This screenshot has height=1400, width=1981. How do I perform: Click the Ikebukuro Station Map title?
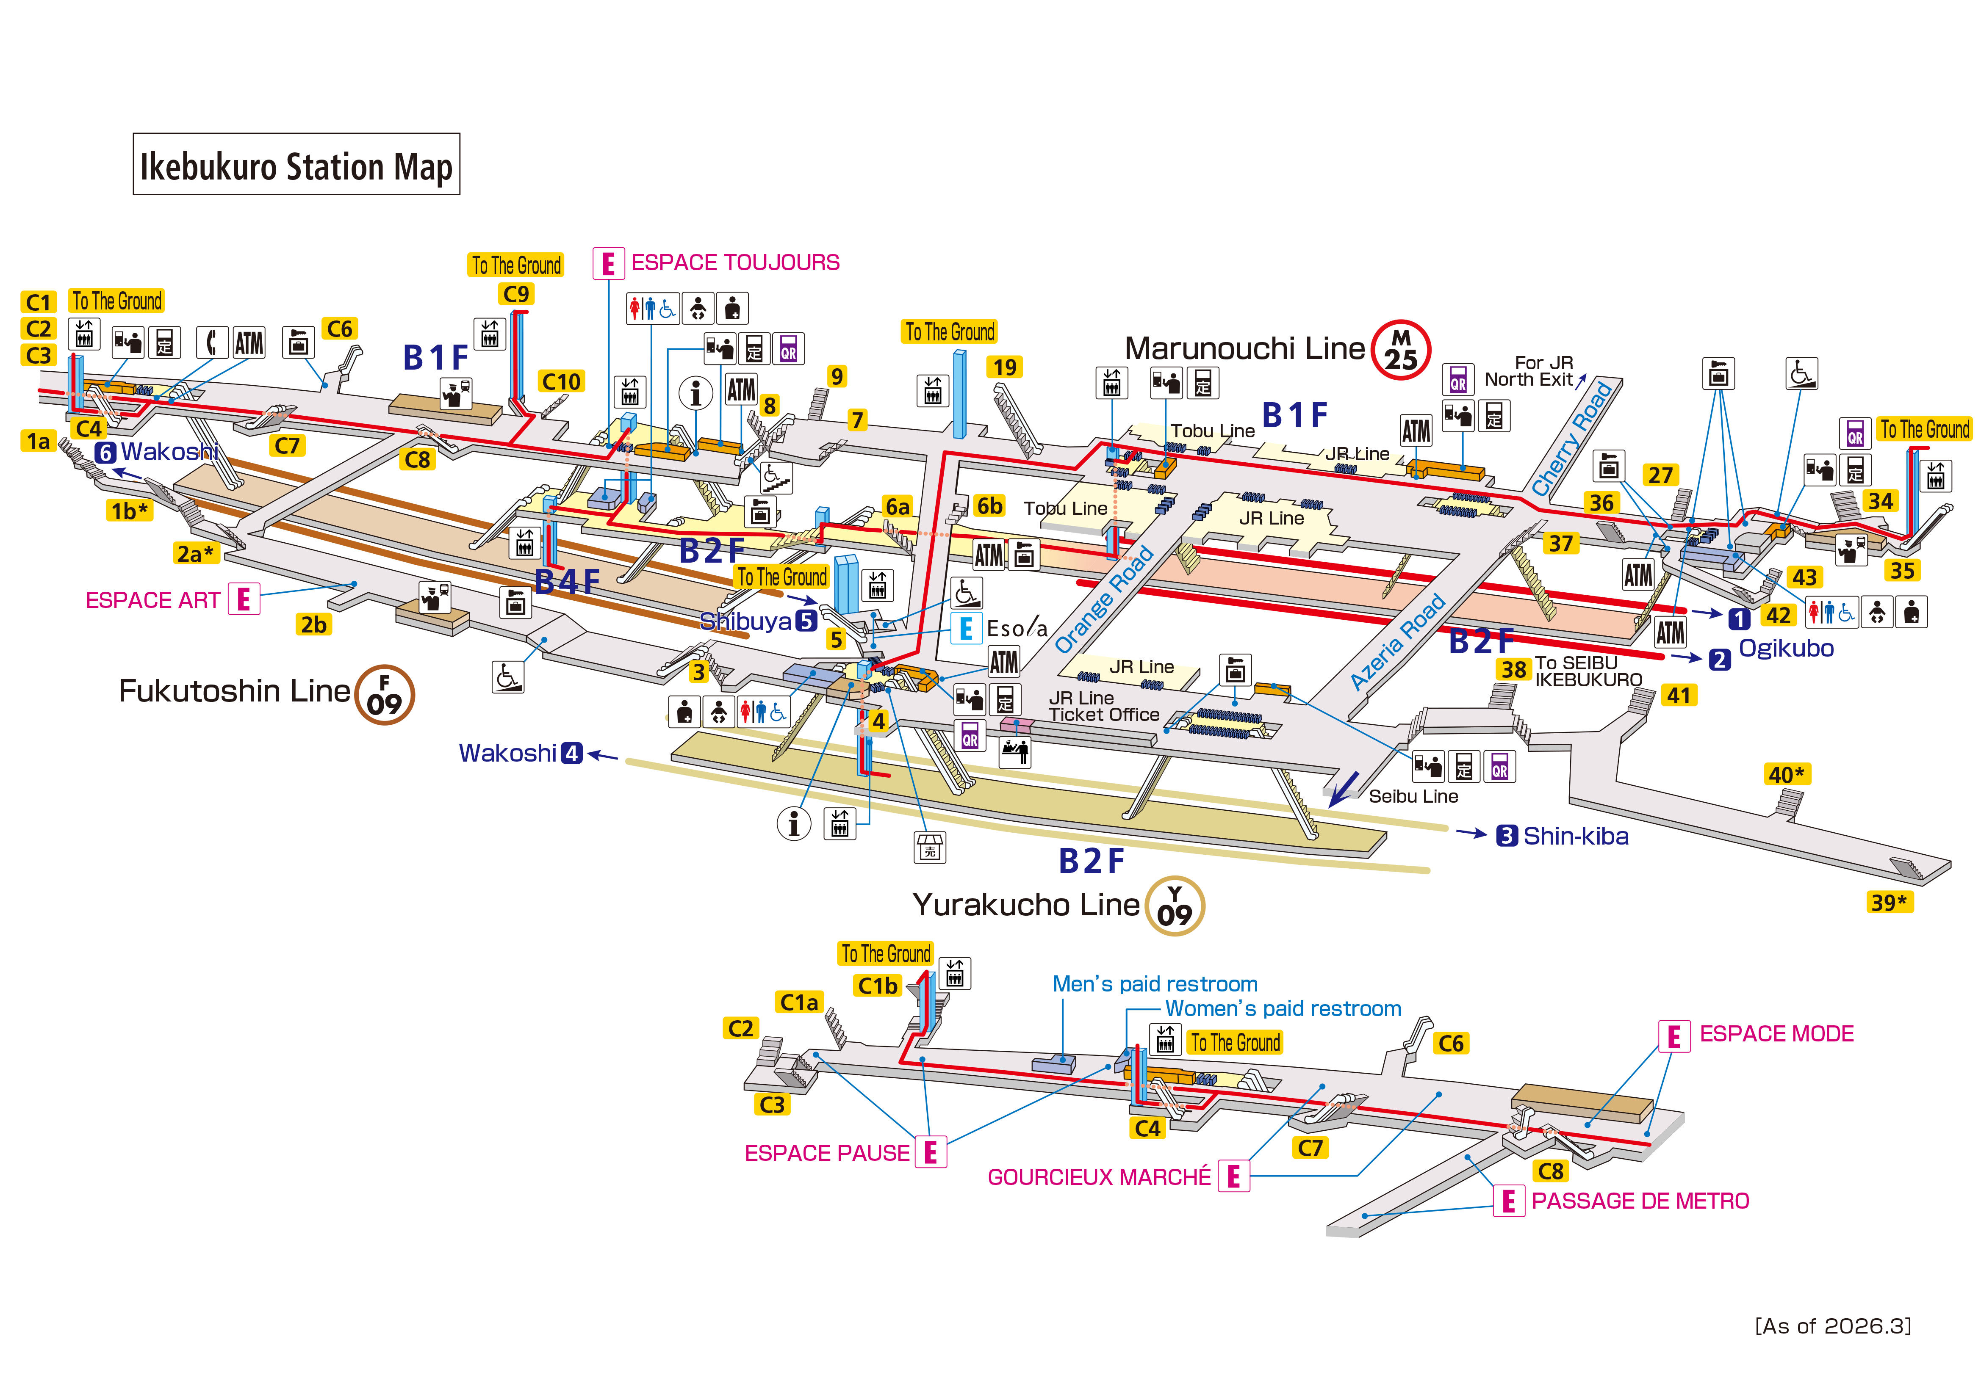[296, 165]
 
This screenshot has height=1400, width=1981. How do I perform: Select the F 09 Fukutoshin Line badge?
[385, 695]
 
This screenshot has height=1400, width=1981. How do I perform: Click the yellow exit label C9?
[516, 294]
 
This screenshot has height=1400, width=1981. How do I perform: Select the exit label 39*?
[1889, 902]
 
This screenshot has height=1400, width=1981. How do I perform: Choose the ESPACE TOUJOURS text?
[735, 262]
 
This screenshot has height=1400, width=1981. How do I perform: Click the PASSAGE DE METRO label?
[1640, 1201]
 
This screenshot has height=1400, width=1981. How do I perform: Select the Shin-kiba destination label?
[1576, 836]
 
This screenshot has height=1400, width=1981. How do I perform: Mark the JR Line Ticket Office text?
[1103, 706]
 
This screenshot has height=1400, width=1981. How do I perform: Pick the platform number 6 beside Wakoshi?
[105, 452]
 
